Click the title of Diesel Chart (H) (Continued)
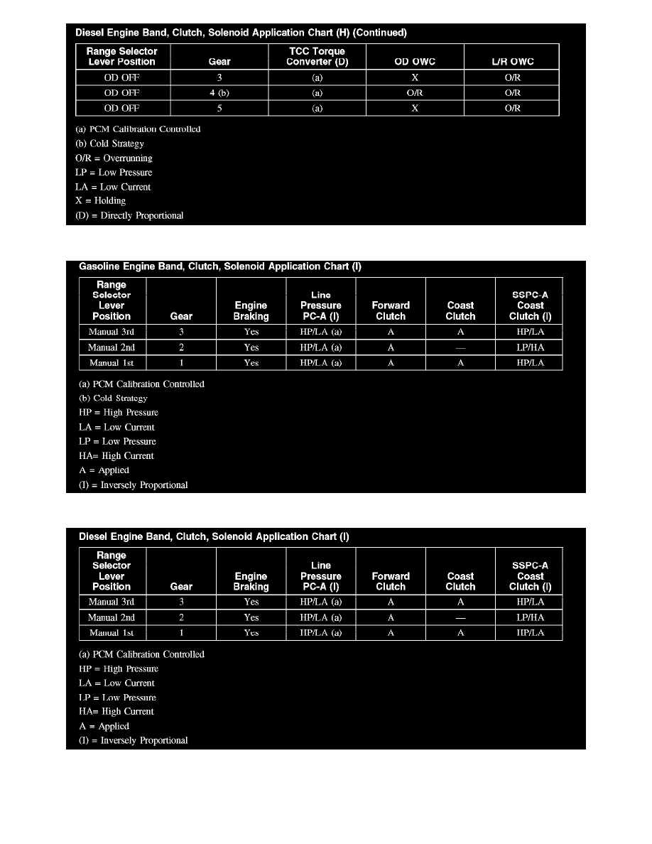click(x=241, y=33)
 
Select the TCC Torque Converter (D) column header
click(x=317, y=57)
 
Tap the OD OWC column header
click(x=415, y=62)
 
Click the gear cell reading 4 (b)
click(x=219, y=93)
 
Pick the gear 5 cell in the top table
click(x=219, y=108)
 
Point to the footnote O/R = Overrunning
click(x=114, y=158)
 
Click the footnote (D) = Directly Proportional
click(x=129, y=216)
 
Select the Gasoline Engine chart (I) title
click(x=220, y=267)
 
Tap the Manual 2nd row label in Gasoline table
click(x=112, y=347)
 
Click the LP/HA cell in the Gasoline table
click(x=530, y=347)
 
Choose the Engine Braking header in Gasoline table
click(x=251, y=311)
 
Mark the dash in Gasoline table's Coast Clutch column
click(x=460, y=347)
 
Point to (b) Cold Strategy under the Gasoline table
click(x=113, y=399)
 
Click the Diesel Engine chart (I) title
click(x=214, y=537)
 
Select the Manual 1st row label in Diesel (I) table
click(x=112, y=633)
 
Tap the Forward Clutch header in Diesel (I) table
click(x=391, y=581)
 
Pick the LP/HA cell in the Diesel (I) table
click(x=530, y=617)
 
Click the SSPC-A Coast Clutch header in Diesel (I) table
click(x=530, y=576)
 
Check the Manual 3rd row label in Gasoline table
click(x=112, y=332)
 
